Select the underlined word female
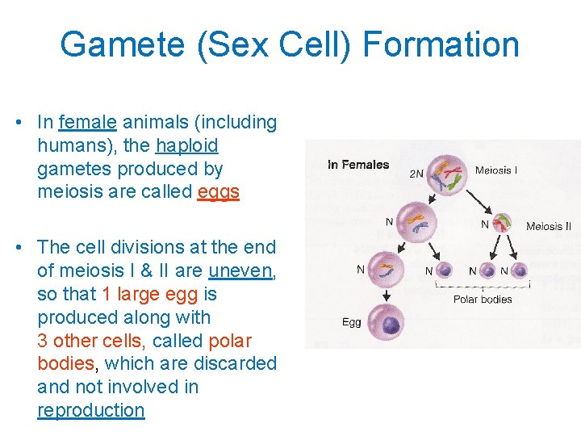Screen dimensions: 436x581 (88, 123)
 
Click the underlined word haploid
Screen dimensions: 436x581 (186, 146)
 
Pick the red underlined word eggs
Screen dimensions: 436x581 (218, 193)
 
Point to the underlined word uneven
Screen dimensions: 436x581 (241, 270)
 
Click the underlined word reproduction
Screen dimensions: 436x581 (90, 410)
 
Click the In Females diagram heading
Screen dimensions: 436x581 (358, 165)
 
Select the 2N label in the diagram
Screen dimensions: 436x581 (416, 174)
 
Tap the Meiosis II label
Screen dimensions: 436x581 (549, 226)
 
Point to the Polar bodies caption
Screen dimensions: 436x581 (483, 300)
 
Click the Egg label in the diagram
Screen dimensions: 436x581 (351, 322)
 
